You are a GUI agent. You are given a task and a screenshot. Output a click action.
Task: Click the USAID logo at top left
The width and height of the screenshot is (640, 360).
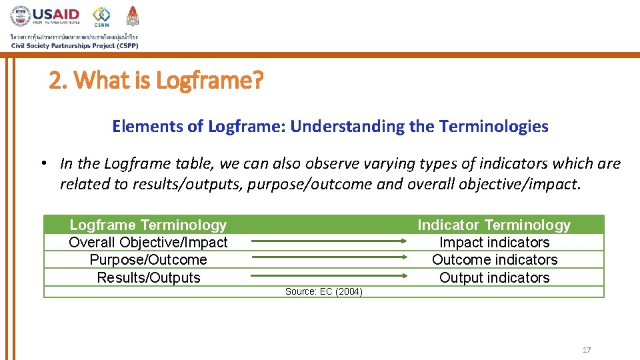pyautogui.click(x=45, y=16)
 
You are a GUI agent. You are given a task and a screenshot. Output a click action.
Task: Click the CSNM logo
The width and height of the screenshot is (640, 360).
pyautogui.click(x=101, y=16)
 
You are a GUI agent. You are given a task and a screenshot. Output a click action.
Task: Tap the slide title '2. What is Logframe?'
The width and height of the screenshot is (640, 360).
pyautogui.click(x=157, y=81)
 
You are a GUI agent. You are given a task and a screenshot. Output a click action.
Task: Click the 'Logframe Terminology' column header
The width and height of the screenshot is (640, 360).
pyautogui.click(x=148, y=225)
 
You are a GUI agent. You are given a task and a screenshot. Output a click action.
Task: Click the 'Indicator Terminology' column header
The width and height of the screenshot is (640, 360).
pyautogui.click(x=494, y=225)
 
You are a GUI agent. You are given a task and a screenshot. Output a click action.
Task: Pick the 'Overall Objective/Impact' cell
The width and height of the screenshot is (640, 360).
pyautogui.click(x=148, y=243)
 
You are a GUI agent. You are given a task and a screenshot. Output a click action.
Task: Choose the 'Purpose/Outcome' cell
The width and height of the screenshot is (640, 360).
pyautogui.click(x=148, y=260)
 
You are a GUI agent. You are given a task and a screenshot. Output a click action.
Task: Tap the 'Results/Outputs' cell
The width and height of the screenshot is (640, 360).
pyautogui.click(x=148, y=278)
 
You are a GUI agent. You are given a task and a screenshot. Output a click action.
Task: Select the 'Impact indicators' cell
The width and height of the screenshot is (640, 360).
pyautogui.click(x=494, y=243)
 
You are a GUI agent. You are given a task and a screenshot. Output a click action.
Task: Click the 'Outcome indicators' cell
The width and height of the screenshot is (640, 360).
pyautogui.click(x=494, y=260)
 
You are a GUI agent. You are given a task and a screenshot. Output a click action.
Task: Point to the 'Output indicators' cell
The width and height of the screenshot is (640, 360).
pyautogui.click(x=494, y=278)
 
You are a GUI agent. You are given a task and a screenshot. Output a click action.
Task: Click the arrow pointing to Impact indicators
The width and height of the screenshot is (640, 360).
pyautogui.click(x=329, y=241)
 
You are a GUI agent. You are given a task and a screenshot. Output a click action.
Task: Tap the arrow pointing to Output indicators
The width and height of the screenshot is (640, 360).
pyautogui.click(x=329, y=275)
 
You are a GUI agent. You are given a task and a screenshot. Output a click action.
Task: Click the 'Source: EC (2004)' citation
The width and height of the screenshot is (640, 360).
pyautogui.click(x=323, y=291)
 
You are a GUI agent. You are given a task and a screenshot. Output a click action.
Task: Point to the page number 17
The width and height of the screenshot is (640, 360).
pyautogui.click(x=587, y=350)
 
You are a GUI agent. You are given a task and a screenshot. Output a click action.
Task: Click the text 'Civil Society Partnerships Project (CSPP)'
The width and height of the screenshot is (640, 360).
pyautogui.click(x=75, y=45)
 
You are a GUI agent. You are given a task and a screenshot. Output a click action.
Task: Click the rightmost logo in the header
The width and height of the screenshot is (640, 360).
pyautogui.click(x=133, y=16)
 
